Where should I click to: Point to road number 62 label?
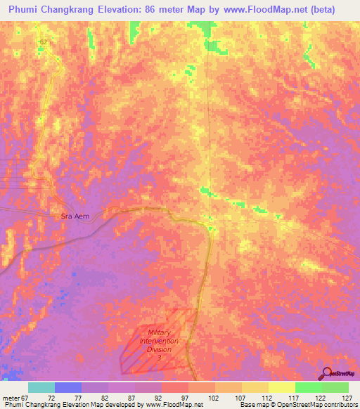coord(44,42)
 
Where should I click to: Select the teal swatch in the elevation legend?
coord(41,387)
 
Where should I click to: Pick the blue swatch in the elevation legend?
coord(68,387)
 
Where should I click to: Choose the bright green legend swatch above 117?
coord(308,387)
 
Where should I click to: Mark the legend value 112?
coord(266,398)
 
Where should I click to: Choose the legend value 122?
coord(320,398)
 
